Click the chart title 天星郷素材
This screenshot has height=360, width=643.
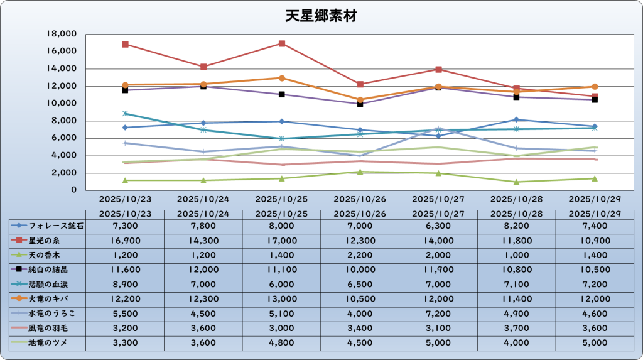coord(321,16)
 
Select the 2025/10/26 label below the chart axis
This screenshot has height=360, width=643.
coord(360,198)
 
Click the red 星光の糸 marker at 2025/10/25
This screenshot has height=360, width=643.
coord(282,44)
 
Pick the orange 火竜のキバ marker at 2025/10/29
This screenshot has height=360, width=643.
coord(595,87)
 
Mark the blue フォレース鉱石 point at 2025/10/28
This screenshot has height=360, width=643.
coord(516,119)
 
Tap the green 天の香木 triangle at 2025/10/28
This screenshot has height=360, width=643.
coord(516,182)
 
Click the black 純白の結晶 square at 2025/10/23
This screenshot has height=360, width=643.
coord(126,90)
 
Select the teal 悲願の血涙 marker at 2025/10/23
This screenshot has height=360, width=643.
coord(126,114)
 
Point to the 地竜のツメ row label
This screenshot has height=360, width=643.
coord(48,342)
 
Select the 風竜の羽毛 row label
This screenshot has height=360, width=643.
coord(47,328)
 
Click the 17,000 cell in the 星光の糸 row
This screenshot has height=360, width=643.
coord(281,240)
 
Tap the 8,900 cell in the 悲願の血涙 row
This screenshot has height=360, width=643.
coord(125,284)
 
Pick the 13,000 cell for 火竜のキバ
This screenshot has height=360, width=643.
coord(281,298)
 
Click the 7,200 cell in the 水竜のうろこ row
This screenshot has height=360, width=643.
coord(438,313)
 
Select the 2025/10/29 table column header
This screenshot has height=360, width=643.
coord(594,214)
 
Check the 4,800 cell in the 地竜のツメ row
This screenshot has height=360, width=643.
coord(281,342)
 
